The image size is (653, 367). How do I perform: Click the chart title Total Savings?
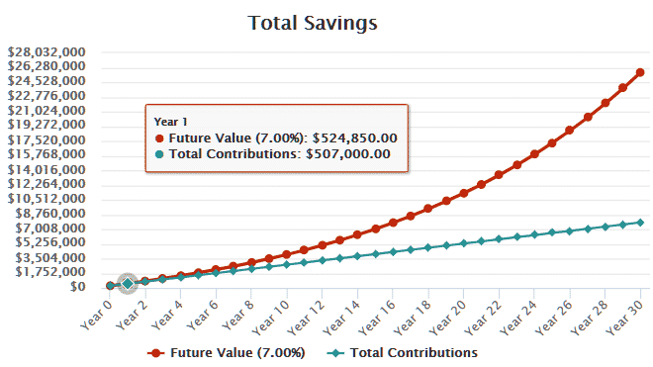point(326,21)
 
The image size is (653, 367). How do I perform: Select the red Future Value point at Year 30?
point(640,72)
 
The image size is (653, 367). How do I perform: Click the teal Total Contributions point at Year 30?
point(640,223)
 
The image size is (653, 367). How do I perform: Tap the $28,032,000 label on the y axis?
point(46,52)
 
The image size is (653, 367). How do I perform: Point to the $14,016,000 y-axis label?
point(46,170)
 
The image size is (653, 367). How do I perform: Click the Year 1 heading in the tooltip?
point(169,122)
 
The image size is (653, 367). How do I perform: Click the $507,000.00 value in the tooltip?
point(347,154)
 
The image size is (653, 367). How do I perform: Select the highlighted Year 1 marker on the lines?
point(128,284)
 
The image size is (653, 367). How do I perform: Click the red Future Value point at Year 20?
point(464,193)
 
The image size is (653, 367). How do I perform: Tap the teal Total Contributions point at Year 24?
point(534,234)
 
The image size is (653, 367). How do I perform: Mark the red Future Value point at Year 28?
point(605,103)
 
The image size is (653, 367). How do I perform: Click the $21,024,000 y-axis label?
point(46,111)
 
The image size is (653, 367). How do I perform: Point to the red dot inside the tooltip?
point(159,138)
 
